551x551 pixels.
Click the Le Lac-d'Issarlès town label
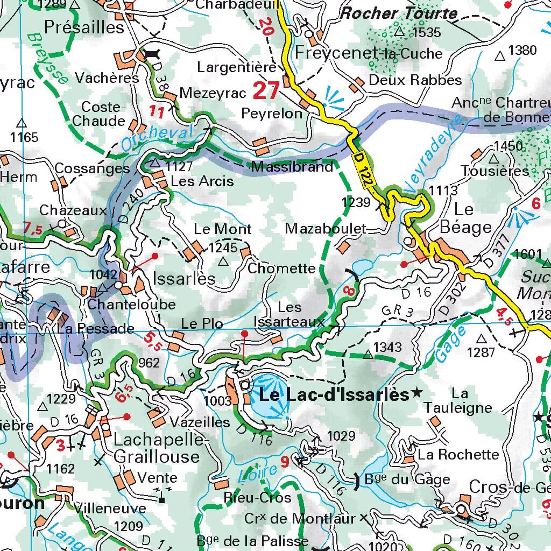coord(334,394)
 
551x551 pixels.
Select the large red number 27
coord(266,91)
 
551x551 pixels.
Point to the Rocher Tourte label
coord(399,13)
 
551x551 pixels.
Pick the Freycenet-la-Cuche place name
coord(369,53)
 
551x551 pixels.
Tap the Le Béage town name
coord(465,218)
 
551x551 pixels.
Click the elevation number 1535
coord(426,32)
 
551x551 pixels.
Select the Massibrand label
coord(292,167)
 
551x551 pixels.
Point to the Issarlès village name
coord(184,278)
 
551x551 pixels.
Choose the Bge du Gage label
coord(400,479)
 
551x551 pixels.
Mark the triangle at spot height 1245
coord(223,262)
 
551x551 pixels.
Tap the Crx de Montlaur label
coord(300,519)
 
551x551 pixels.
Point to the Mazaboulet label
coord(326,229)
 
